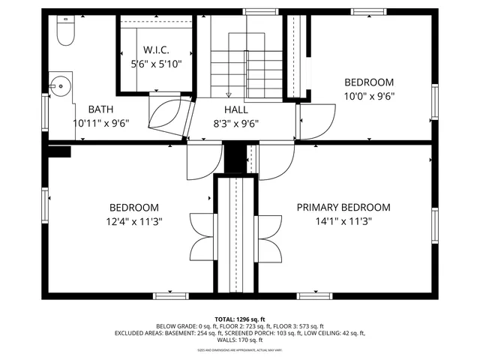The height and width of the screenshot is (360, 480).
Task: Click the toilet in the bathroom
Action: pos(64,33)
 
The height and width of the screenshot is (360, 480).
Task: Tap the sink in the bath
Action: pos(60,87)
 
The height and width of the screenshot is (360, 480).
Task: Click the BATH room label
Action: pos(101,109)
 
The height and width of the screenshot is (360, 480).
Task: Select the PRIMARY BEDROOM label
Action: pos(343,208)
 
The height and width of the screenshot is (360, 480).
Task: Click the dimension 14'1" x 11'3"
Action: pos(344,221)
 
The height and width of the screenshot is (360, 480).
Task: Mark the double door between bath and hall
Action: pos(168,116)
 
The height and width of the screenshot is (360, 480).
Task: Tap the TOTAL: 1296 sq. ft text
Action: pos(239,319)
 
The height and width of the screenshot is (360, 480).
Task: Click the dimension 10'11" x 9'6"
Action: pos(101,123)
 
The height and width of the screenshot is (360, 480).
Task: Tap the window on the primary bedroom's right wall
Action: pos(434,226)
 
